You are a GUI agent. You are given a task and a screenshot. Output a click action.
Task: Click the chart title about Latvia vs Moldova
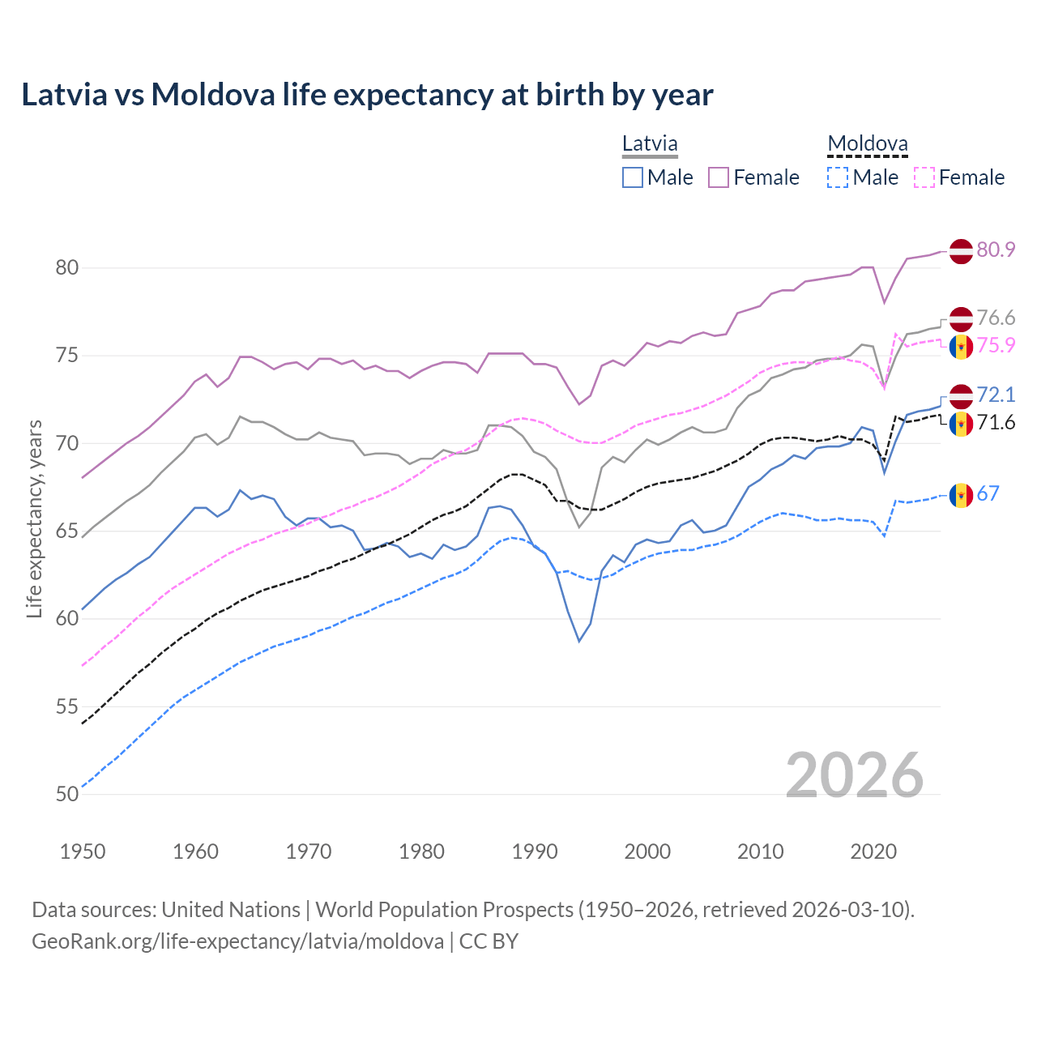[367, 95]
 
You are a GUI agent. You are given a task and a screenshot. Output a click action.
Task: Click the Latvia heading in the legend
[650, 143]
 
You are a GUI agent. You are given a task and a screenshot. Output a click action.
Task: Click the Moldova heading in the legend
[868, 143]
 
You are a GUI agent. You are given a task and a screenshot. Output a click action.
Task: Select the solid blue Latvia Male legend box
[633, 177]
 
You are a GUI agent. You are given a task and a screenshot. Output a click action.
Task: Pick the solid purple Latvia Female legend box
[719, 177]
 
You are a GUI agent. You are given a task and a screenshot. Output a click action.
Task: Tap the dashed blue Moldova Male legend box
[838, 177]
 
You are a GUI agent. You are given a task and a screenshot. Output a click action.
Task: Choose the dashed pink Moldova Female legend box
[924, 177]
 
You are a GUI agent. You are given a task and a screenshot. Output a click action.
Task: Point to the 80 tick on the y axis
[67, 267]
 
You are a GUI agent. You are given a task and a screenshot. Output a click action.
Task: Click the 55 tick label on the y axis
[67, 706]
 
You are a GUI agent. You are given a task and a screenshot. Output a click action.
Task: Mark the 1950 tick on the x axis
[83, 851]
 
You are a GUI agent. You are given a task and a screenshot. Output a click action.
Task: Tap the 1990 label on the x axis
[535, 851]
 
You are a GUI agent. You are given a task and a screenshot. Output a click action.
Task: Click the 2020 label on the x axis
[873, 851]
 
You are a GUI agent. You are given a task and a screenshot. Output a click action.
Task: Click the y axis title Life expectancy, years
[34, 518]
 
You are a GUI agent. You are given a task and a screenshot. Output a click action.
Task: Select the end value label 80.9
[996, 250]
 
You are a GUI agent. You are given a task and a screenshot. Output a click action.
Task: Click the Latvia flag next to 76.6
[961, 319]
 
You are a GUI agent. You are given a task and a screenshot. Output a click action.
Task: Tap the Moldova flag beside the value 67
[961, 495]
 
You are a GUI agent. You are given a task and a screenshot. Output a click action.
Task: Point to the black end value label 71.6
[996, 422]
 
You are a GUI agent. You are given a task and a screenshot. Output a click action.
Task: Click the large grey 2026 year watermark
[855, 775]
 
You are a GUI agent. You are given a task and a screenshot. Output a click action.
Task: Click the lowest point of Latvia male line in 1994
[579, 641]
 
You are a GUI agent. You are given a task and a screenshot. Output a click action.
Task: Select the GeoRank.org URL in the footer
[237, 941]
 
